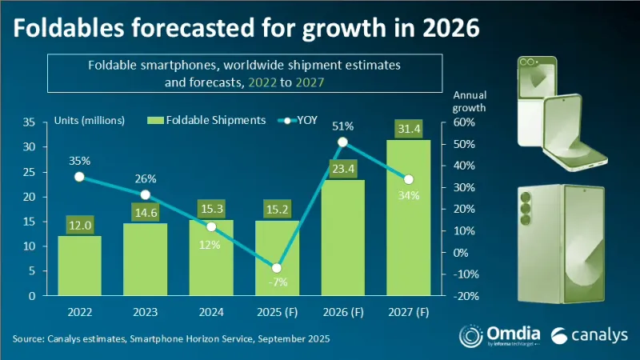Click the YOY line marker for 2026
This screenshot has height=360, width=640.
[x=342, y=142]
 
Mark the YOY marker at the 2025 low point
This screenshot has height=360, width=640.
[x=277, y=267]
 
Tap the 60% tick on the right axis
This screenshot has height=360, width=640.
[x=464, y=122]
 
